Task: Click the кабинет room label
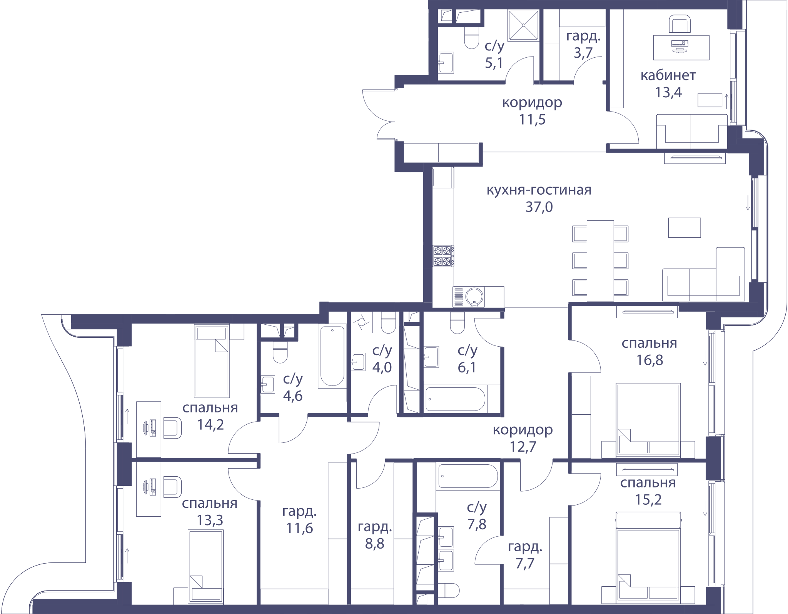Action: tap(668, 75)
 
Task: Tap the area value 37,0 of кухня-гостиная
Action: tap(539, 207)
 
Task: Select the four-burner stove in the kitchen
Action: tap(443, 256)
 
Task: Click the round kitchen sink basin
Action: tap(474, 297)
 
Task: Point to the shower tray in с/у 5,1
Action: tap(523, 25)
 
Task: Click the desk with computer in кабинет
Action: tap(681, 48)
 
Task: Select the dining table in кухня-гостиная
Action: tap(600, 260)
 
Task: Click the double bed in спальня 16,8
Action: tap(648, 420)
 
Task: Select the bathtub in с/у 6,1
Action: tap(455, 399)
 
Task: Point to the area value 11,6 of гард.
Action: tap(299, 529)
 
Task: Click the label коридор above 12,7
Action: tap(523, 430)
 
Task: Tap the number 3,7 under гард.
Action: tap(583, 53)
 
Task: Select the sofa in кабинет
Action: tap(691, 131)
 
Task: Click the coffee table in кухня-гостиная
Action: tap(684, 227)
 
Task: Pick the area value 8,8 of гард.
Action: tap(374, 544)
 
